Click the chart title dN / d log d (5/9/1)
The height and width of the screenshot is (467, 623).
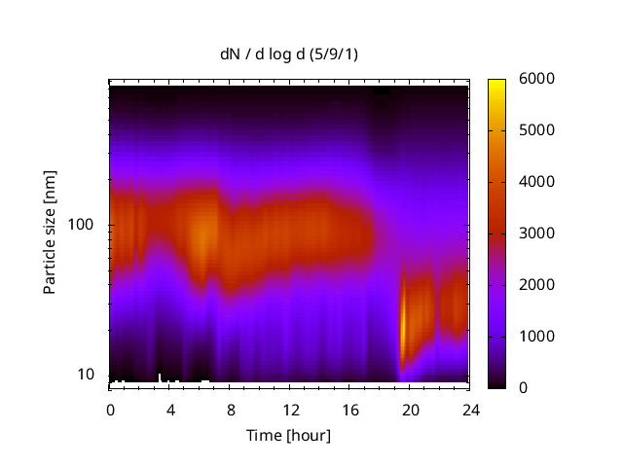[288, 54]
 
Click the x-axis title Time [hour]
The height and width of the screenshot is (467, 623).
[288, 435]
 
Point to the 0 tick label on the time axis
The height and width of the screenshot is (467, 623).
[110, 409]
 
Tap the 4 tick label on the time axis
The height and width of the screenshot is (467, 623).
[169, 409]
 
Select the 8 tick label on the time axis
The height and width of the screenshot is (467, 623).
[230, 409]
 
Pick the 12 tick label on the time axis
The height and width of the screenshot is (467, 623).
[290, 409]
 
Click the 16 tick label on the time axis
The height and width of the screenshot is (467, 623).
[349, 409]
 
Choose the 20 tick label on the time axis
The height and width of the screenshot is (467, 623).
[409, 409]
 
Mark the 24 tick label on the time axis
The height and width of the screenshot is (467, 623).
[469, 409]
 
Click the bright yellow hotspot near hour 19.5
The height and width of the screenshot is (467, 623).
[404, 326]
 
